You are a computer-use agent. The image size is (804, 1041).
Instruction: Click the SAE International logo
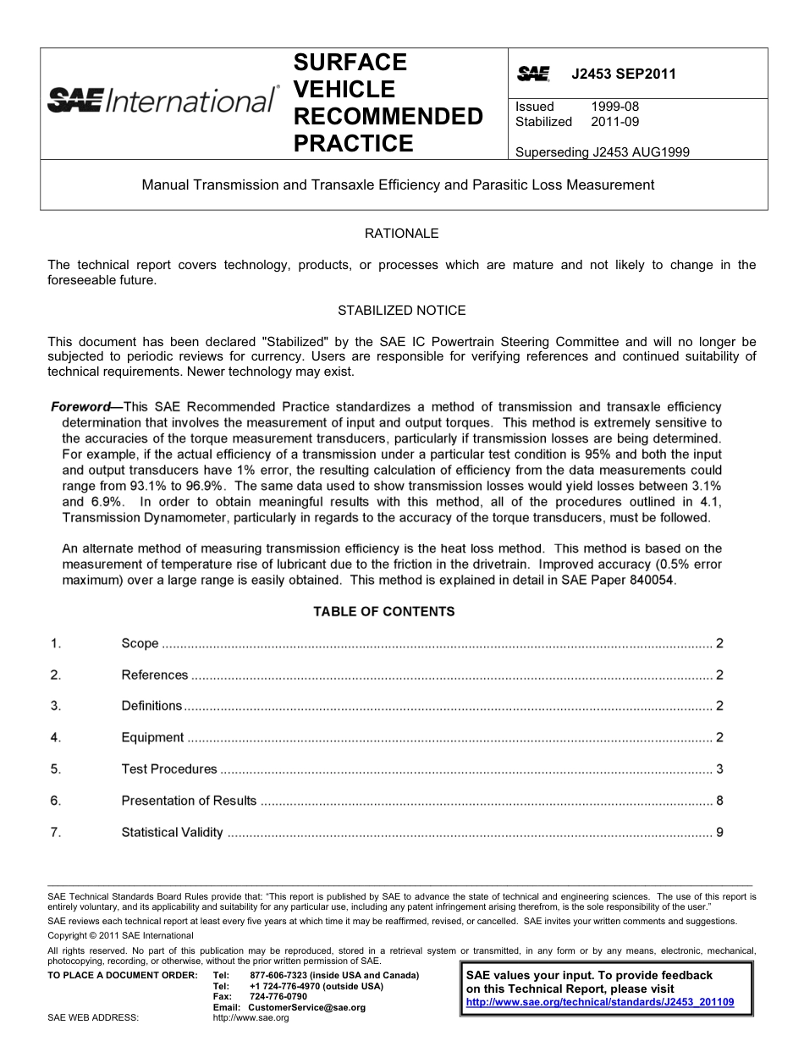(x=162, y=101)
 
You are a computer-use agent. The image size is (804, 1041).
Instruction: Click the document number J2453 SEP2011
(x=624, y=74)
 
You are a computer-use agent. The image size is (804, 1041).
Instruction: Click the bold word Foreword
(x=80, y=407)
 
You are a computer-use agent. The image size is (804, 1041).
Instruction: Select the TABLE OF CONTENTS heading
(x=383, y=611)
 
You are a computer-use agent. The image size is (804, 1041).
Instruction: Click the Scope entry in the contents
(x=140, y=643)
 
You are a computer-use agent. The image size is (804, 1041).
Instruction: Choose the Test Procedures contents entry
(x=169, y=769)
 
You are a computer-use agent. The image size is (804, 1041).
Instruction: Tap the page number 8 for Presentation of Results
(x=719, y=801)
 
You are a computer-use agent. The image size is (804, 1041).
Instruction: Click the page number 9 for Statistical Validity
(x=719, y=832)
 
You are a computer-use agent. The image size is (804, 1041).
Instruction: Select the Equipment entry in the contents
(x=152, y=738)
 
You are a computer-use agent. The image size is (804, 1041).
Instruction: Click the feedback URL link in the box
(x=600, y=1002)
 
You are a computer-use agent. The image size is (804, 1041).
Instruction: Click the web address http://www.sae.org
(x=251, y=1018)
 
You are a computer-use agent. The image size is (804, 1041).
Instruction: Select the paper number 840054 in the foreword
(x=653, y=581)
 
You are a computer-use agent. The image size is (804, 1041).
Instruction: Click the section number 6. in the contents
(x=55, y=801)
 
